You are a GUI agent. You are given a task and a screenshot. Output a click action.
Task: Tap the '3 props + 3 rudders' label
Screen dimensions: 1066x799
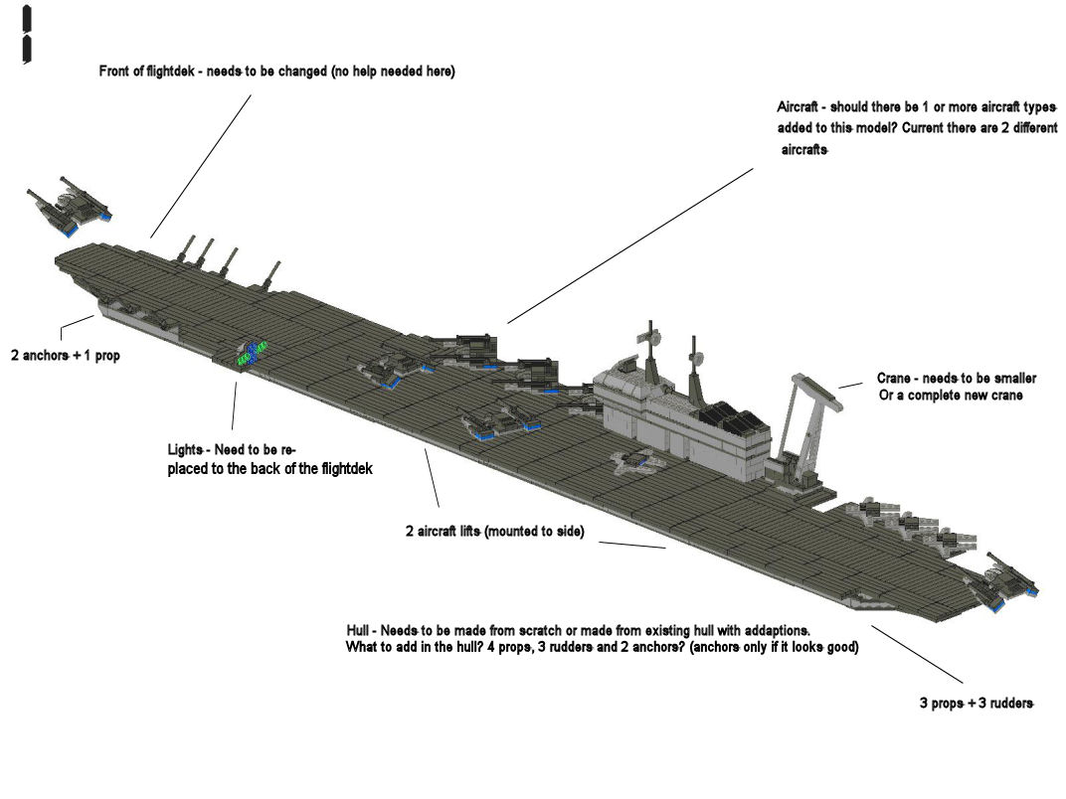[x=977, y=704]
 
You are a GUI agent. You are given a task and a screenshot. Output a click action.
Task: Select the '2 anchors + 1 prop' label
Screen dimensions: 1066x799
[x=66, y=356]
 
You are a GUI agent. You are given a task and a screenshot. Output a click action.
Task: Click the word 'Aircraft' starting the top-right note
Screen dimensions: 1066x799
[x=798, y=107]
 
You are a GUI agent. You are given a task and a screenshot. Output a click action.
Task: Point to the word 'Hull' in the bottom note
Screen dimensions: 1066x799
[x=358, y=630]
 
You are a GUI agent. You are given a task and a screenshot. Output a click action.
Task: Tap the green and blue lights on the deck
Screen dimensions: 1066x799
[x=251, y=352]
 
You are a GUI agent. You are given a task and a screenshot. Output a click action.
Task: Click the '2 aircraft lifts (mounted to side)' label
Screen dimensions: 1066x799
[x=495, y=532]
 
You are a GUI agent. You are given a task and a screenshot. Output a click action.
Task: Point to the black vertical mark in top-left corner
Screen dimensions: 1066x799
[x=27, y=35]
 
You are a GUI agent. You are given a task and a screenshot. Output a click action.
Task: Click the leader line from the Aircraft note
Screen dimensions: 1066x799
[x=630, y=245]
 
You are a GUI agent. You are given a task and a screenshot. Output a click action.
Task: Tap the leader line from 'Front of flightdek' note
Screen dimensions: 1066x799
[x=201, y=167]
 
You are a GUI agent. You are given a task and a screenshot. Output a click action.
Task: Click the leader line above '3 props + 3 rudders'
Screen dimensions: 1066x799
[x=917, y=654]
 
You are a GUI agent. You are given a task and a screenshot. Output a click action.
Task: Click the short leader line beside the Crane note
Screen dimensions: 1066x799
[x=850, y=385]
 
